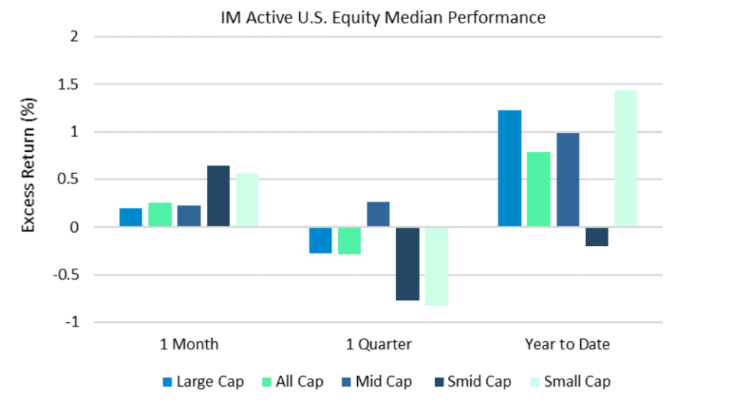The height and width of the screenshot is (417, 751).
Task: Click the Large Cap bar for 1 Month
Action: tap(131, 218)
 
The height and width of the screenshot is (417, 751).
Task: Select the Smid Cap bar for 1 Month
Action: tap(218, 197)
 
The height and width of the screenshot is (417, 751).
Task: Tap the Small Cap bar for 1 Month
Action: tap(247, 200)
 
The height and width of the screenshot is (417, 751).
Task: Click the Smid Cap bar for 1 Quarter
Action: tap(408, 264)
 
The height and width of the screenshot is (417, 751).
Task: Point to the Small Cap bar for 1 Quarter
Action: tap(436, 266)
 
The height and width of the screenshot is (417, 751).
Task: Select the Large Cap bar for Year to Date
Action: tap(510, 169)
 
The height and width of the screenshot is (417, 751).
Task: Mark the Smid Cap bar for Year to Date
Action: tap(596, 236)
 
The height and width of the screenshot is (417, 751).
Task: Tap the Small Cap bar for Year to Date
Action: tap(626, 159)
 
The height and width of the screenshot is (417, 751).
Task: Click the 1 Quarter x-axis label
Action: tap(378, 344)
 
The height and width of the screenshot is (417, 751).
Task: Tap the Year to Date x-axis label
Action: tap(567, 344)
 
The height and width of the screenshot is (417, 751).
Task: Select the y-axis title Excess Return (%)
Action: tap(28, 179)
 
